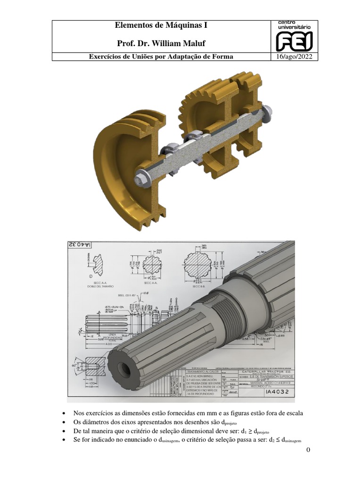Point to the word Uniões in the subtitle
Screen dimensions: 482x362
[x=146, y=57]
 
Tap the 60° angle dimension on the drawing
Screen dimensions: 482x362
[x=74, y=365]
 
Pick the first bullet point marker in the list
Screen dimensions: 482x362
[x=64, y=413]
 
